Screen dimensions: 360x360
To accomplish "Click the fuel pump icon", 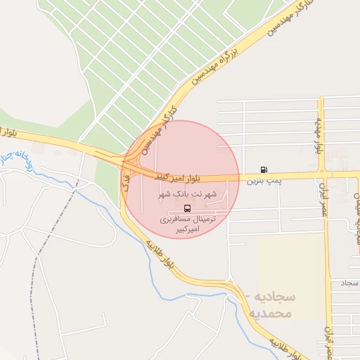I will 264,169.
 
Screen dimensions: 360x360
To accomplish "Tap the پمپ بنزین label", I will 264,181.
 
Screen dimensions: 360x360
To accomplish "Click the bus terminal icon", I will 187,208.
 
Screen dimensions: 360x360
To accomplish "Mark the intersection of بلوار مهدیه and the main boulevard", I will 321,172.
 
